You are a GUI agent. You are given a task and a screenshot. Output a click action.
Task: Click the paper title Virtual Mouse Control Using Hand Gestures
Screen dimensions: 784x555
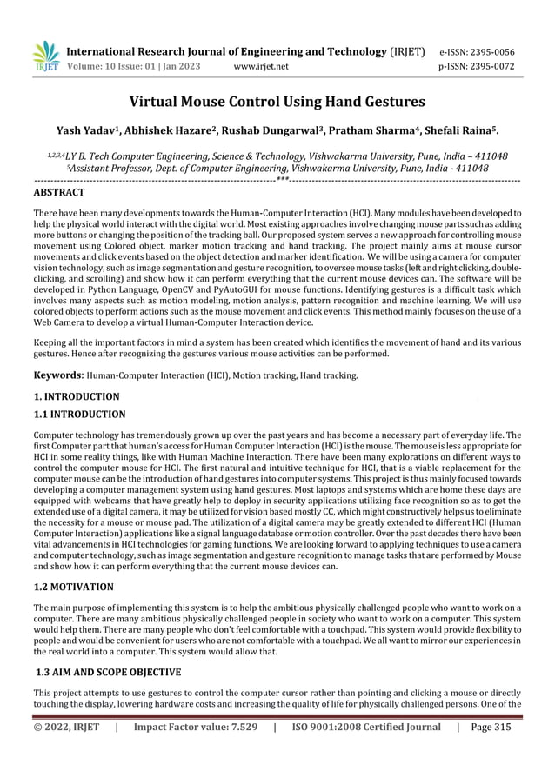pyautogui.click(x=277, y=103)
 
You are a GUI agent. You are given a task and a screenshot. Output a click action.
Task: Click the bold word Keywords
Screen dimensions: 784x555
pyautogui.click(x=59, y=375)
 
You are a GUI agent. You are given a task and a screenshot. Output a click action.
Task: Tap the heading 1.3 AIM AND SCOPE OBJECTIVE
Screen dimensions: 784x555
pyautogui.click(x=107, y=672)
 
